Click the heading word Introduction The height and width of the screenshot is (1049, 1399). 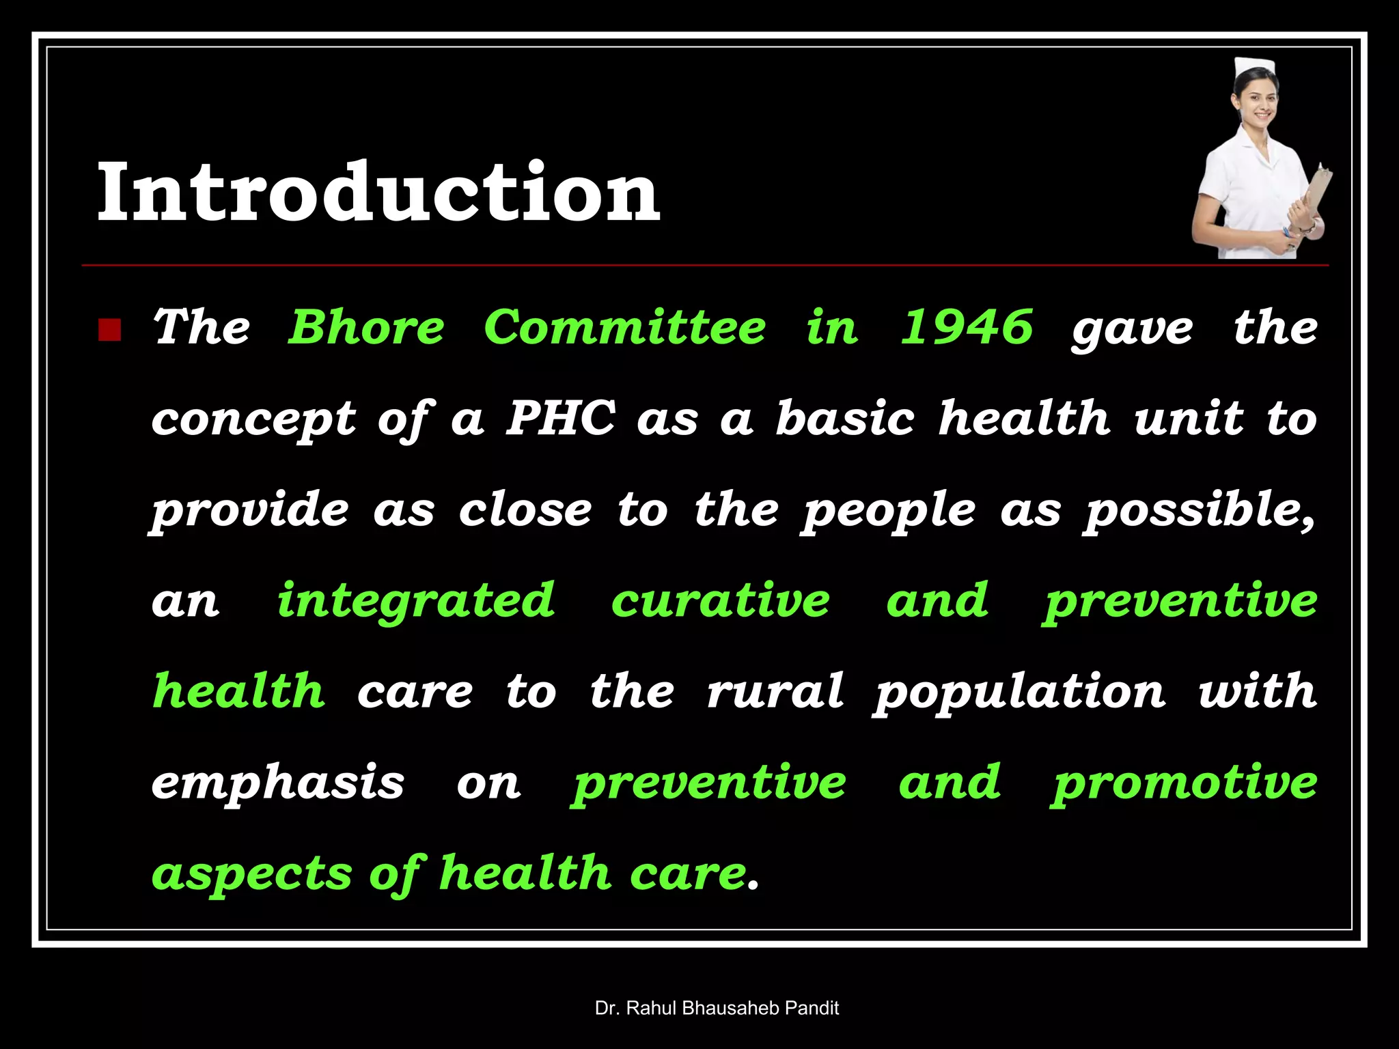coord(379,193)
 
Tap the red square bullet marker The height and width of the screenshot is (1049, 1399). coord(109,330)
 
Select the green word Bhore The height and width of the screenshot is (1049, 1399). coord(367,328)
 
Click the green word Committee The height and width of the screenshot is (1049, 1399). coord(624,328)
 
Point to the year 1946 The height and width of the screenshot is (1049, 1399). coord(966,328)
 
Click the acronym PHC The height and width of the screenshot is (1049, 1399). coord(560,418)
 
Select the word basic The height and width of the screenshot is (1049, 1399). coord(844,418)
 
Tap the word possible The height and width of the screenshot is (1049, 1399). coord(1198,511)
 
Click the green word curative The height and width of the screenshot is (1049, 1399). coord(720,601)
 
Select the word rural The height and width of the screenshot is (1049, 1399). coord(775,691)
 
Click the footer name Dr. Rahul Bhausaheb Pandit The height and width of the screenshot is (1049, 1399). coord(717,1008)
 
